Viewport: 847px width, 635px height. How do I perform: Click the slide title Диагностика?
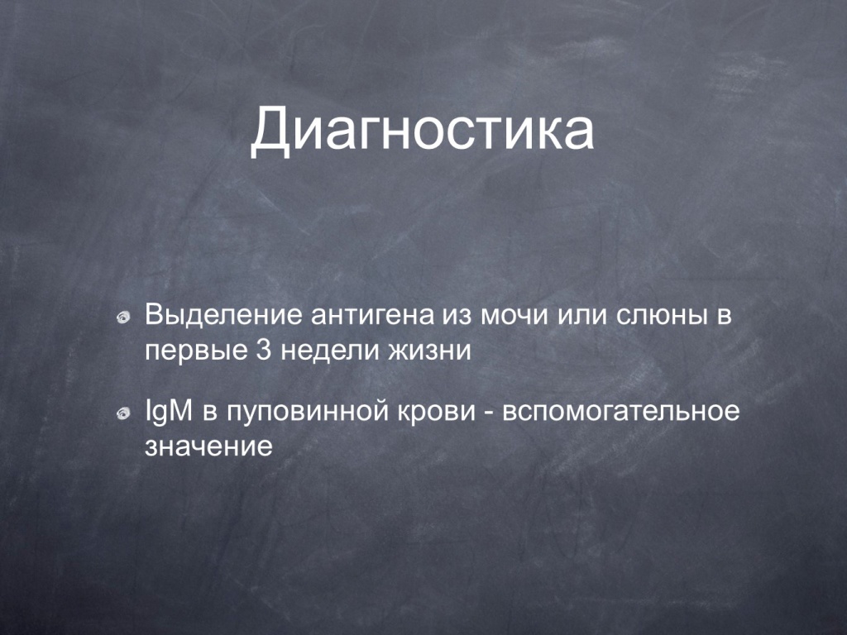point(423,130)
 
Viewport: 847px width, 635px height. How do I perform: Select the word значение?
point(208,447)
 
